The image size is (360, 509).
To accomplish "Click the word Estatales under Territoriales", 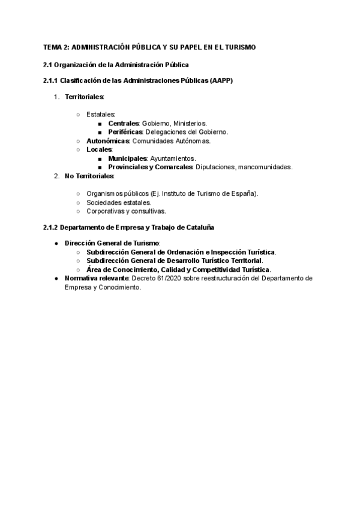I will coord(101,114).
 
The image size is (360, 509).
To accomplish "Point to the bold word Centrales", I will coord(124,123).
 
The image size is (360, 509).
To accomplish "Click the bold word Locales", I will coord(99,149).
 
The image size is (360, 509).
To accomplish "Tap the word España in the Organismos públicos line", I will coord(243,193).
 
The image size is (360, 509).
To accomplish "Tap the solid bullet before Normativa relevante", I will coord(56,279).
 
